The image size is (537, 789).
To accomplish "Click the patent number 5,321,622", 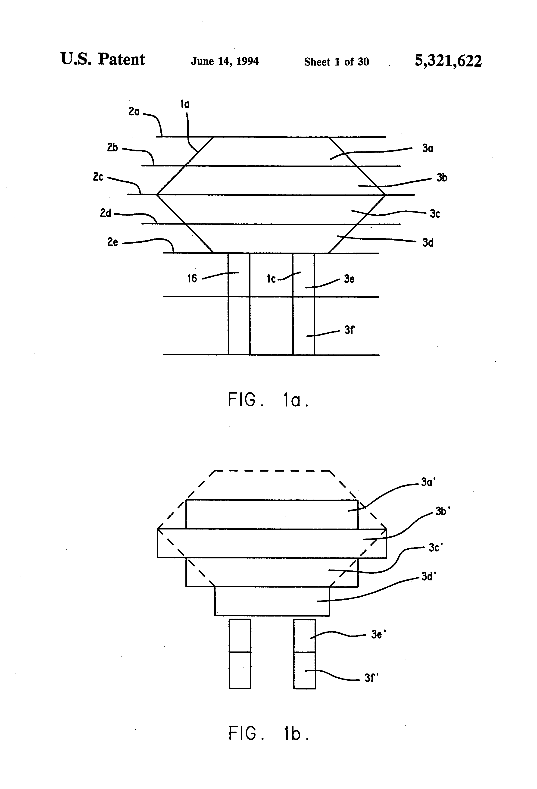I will point(448,61).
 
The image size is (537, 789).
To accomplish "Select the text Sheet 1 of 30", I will point(336,62).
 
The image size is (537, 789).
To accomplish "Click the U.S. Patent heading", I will point(103,59).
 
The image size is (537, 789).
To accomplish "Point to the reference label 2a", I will point(134,111).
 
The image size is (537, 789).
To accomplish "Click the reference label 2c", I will point(98,177).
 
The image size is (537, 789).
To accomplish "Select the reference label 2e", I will point(112,242).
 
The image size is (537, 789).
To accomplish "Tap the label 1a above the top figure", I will point(185,104).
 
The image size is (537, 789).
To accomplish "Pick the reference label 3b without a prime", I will point(442,178).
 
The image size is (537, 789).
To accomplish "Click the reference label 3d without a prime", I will point(428,243).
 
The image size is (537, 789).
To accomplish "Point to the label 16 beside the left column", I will point(192,278).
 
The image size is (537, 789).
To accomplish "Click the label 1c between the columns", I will point(271,279).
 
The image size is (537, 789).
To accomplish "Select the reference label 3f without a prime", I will point(349,330).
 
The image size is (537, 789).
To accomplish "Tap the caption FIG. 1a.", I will point(268,400).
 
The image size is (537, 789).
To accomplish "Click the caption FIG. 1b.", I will point(269,733).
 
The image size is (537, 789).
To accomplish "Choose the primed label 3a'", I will point(428,482).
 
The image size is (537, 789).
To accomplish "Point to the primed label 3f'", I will point(371,678).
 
